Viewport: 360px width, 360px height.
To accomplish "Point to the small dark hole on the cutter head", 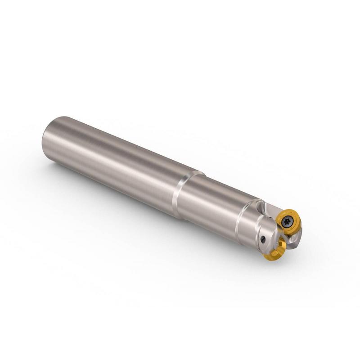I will (262, 239).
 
